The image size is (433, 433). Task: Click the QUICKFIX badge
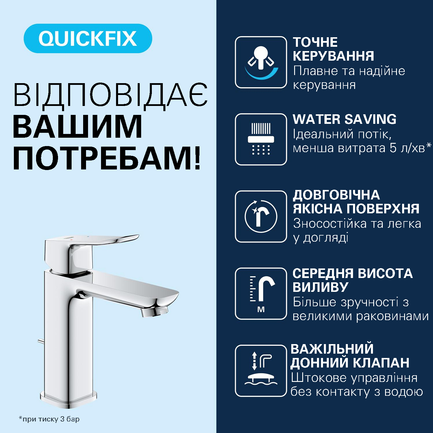click(88, 38)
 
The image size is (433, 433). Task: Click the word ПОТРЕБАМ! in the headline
click(107, 158)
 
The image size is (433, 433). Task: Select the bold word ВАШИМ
click(77, 127)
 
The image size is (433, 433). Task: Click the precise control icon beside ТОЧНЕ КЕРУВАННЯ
click(261, 62)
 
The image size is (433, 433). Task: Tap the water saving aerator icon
click(261, 139)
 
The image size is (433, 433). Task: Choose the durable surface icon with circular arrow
click(261, 216)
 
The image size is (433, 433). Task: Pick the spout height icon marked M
click(261, 294)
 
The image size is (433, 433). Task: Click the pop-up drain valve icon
click(261, 371)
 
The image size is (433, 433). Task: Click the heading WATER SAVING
click(344, 119)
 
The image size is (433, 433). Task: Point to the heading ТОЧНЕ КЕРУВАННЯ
click(333, 49)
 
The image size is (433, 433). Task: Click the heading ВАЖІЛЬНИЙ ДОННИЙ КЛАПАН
click(350, 356)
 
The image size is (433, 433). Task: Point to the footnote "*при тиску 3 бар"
click(49, 419)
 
